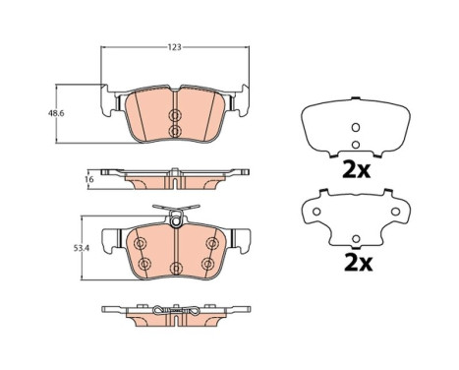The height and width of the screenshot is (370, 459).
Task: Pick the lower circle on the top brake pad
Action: click(x=174, y=131)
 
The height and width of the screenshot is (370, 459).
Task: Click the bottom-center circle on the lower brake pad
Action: click(x=174, y=268)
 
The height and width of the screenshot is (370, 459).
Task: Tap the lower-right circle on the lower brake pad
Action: click(x=207, y=264)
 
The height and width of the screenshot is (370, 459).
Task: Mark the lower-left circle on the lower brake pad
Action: click(x=143, y=264)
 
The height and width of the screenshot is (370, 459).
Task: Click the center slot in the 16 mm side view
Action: click(x=174, y=179)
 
